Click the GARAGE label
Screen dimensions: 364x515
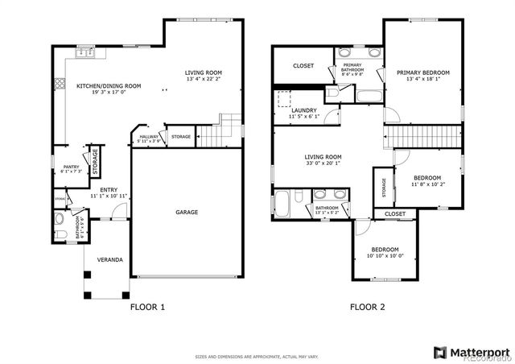[187, 212]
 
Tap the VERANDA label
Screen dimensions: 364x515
[110, 259]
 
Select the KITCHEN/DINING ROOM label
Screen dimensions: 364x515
[109, 86]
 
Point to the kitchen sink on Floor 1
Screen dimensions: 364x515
[85, 54]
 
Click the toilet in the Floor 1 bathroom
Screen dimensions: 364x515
[58, 218]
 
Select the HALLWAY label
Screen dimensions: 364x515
[149, 137]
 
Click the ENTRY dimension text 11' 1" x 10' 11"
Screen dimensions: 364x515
[109, 196]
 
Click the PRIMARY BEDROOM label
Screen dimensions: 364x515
[422, 72]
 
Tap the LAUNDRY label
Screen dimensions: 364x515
[304, 110]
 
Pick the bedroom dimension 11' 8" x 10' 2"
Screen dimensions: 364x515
[427, 184]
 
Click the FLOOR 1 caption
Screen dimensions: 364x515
[147, 307]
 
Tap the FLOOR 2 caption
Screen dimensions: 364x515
[367, 307]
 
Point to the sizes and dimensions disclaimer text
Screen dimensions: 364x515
[257, 357]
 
